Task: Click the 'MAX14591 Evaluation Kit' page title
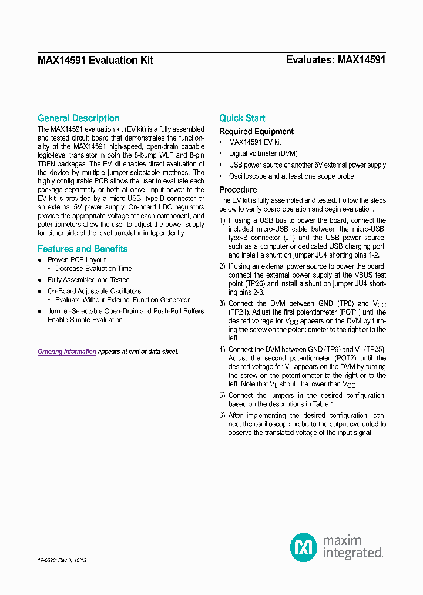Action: [95, 60]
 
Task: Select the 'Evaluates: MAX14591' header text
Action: [335, 60]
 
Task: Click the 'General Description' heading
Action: [78, 118]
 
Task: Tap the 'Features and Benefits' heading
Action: [82, 249]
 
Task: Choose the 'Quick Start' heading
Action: [242, 118]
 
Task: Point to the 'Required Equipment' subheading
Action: [256, 132]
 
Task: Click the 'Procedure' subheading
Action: [238, 190]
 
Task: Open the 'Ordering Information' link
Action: [67, 352]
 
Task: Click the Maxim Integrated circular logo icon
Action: [304, 547]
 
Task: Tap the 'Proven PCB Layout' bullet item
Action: [76, 260]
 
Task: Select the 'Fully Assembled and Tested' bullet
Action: [88, 280]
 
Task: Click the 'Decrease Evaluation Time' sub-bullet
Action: [93, 269]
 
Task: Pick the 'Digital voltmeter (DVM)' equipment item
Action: [263, 153]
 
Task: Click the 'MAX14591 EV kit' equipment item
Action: [255, 142]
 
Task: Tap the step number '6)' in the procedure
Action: [223, 415]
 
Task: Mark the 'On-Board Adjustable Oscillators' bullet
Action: [94, 291]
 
